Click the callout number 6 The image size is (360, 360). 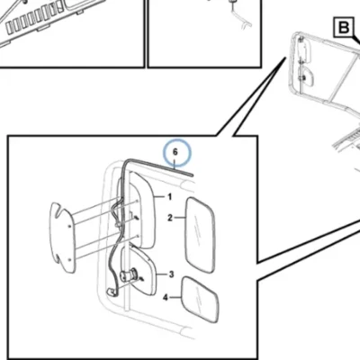pos(175,152)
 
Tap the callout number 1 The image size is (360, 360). pos(170,197)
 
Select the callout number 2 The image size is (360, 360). pos(170,218)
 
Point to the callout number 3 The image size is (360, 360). pos(171,274)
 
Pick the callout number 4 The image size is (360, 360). pos(166,298)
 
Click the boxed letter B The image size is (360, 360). pos(344,28)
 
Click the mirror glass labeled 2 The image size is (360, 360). pos(201,235)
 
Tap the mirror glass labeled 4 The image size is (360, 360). pos(201,300)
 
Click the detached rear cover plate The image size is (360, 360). pos(62,238)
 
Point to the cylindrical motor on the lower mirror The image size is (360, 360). pos(129,275)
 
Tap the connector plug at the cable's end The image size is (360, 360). pos(111,292)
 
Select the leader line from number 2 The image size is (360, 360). pos(180,218)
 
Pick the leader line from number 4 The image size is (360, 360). pos(175,298)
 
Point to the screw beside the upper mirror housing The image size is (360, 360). pos(137,218)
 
